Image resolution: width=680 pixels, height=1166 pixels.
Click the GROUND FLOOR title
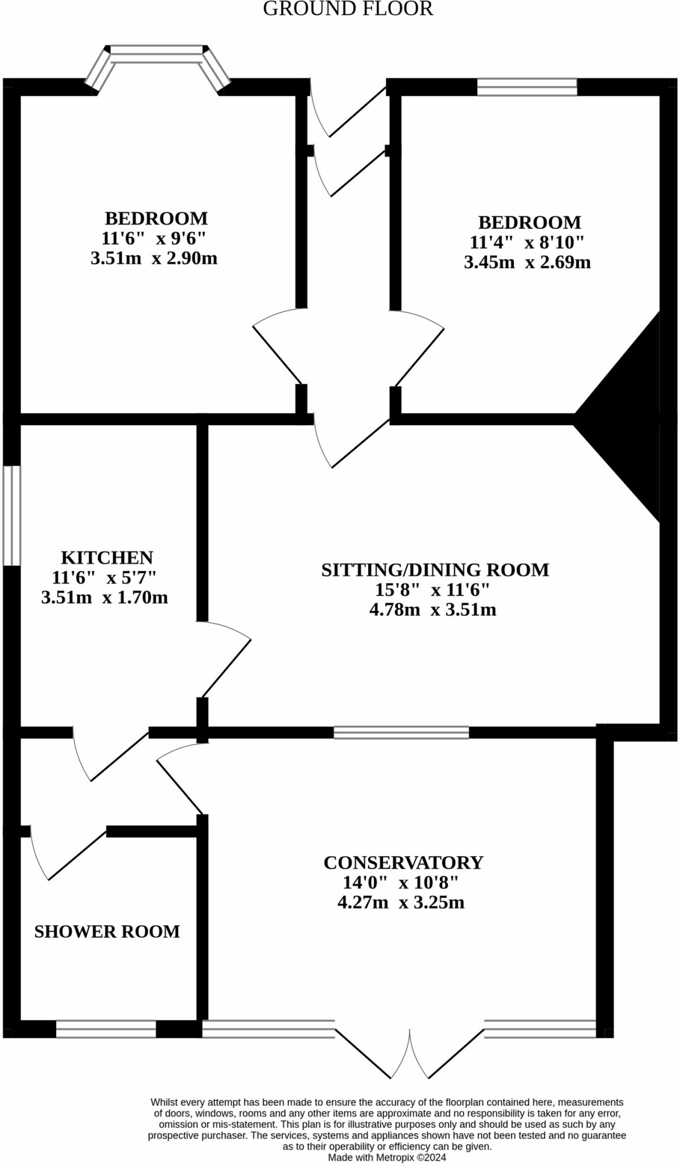tap(348, 9)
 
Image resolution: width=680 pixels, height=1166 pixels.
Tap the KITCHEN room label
tap(107, 557)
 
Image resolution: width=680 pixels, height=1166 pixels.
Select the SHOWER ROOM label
tap(107, 931)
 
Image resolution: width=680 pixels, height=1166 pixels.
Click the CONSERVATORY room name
tap(403, 863)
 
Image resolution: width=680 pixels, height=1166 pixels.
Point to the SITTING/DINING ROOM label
tap(435, 570)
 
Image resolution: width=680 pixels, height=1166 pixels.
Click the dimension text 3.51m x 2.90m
tap(154, 258)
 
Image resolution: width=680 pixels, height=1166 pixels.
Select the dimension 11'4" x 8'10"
tap(527, 243)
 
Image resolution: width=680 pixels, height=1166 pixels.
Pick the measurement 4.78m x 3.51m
tap(432, 610)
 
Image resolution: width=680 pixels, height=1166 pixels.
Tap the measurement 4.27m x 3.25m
tap(401, 902)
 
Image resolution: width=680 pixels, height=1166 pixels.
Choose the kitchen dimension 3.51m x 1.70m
tap(104, 597)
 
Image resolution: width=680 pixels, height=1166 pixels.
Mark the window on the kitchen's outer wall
tap(11, 516)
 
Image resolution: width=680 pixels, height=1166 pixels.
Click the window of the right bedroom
tap(527, 87)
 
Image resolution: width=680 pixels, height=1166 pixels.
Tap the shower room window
tap(106, 1029)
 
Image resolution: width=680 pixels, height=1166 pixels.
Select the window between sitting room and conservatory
tap(401, 732)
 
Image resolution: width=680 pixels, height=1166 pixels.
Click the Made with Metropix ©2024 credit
tap(387, 1157)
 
